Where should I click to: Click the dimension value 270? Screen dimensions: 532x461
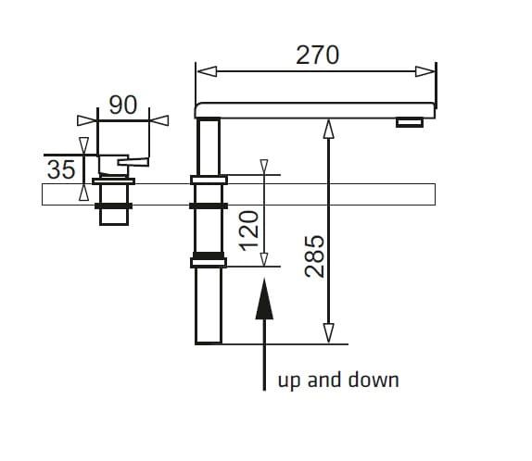coord(317,55)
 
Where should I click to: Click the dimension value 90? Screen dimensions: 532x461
coord(123,105)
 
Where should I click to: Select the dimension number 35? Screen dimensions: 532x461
coord(61,169)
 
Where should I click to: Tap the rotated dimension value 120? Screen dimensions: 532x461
coord(249,230)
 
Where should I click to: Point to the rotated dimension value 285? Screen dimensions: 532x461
coord(314,256)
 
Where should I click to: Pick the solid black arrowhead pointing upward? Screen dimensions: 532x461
coord(264,299)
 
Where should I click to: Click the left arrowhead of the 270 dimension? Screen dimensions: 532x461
coord(207,71)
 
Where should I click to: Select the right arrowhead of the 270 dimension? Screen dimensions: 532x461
coord(424,71)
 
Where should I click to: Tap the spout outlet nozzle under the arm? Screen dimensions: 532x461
coord(410,122)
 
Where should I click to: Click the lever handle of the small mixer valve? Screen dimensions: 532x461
coord(133,162)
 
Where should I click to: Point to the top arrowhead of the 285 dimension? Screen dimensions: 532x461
coord(328,129)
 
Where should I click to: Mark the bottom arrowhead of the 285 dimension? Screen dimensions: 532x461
coord(328,333)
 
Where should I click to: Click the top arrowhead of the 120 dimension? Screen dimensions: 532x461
coord(264,167)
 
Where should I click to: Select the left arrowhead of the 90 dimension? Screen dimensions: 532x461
coord(87,120)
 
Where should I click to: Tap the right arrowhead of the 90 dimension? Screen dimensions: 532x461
coord(159,120)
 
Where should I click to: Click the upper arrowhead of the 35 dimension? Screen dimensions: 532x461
coord(83,145)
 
